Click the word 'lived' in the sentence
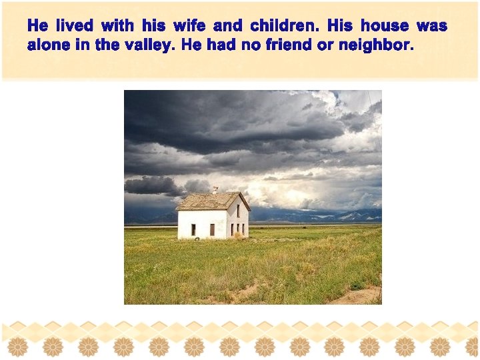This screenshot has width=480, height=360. [x=74, y=27]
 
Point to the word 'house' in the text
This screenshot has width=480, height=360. [x=385, y=27]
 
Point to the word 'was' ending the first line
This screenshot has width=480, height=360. [x=432, y=27]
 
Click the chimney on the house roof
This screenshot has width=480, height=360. [x=215, y=191]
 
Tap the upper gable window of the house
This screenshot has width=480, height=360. [x=238, y=210]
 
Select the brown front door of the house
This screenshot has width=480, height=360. [x=212, y=229]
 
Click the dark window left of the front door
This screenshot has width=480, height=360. [x=193, y=229]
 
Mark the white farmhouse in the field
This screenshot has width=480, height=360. [x=213, y=216]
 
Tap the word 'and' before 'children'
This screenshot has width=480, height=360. [x=228, y=27]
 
